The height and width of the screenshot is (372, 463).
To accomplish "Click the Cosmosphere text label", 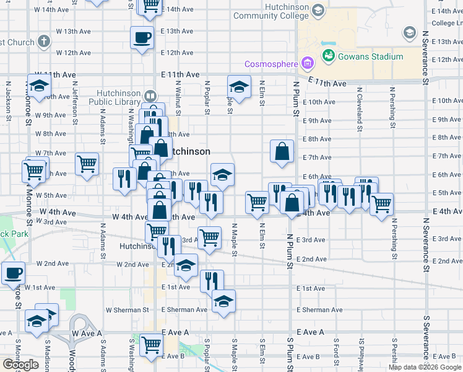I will point(271,63).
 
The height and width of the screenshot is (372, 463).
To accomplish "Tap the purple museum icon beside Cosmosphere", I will point(306,63).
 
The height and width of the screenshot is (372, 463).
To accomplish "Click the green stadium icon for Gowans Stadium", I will point(328,57).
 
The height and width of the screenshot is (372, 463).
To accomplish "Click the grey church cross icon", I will point(43,42).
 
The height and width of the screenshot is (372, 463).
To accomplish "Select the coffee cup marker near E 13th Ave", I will point(142,37).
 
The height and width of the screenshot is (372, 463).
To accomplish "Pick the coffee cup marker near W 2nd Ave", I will point(12,273).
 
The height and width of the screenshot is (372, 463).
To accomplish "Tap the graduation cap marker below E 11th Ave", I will point(239,87).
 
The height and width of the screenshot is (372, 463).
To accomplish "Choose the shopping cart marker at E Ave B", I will point(151,345).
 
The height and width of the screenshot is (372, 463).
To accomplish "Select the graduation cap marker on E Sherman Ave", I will point(223,301).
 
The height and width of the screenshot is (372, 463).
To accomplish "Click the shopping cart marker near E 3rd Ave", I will point(209,237).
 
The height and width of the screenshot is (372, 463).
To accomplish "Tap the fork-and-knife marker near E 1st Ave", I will point(212,280).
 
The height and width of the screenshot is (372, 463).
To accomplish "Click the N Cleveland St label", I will point(359,107).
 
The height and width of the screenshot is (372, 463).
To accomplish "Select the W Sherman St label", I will point(128,309).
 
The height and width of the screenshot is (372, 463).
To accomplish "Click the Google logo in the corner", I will point(20,365).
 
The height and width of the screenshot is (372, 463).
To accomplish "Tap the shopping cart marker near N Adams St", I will point(87,164).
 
